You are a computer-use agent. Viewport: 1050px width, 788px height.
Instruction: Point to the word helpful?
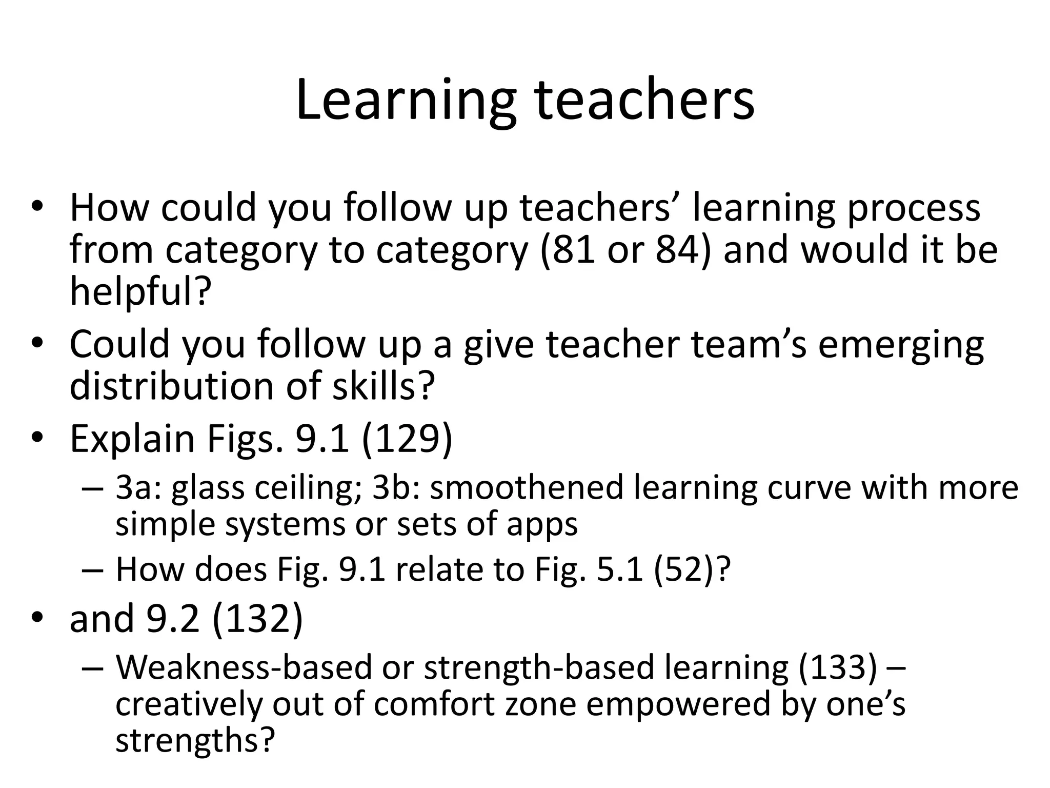pyautogui.click(x=140, y=291)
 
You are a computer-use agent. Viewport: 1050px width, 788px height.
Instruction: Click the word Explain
pyautogui.click(x=132, y=439)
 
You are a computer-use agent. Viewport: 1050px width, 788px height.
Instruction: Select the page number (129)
pyautogui.click(x=407, y=439)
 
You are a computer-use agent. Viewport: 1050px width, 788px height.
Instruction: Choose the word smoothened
pyautogui.click(x=526, y=488)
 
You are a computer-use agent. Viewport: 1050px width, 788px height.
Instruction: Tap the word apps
pyautogui.click(x=542, y=524)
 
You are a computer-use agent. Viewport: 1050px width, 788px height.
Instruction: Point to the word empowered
pyautogui.click(x=678, y=704)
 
